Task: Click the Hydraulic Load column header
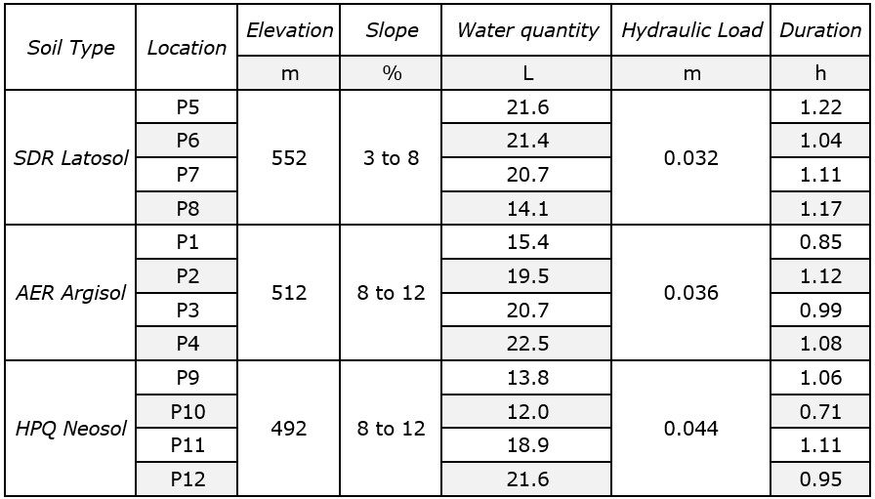pos(691,30)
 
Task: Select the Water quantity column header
pos(527,30)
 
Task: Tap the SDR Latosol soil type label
pos(71,158)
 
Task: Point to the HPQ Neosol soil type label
pos(71,428)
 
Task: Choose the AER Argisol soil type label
pos(71,293)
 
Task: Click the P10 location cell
pos(187,411)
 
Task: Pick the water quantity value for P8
pos(527,208)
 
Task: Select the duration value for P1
pos(820,242)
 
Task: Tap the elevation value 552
pos(289,158)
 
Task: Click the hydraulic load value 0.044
pos(691,428)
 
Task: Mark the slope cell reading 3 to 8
pos(391,158)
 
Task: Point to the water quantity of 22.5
pos(527,344)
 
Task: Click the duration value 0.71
pos(820,411)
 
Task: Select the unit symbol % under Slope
pos(392,73)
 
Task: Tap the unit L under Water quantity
pos(527,73)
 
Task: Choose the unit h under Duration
pos(820,73)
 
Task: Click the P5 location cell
pos(187,107)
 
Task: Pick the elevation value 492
pos(289,428)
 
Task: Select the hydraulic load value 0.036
pos(691,293)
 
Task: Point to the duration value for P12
pos(820,478)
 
